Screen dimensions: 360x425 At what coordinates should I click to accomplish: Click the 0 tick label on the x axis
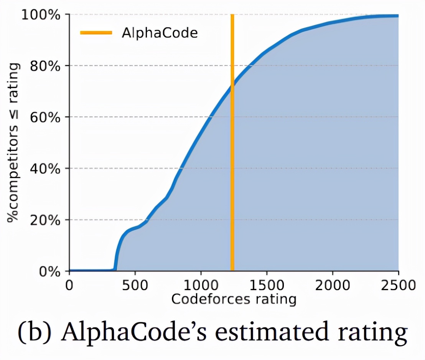click(x=69, y=286)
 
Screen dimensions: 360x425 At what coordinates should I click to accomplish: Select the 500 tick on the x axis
click(x=135, y=286)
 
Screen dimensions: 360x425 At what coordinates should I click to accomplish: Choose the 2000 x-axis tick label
click(x=332, y=286)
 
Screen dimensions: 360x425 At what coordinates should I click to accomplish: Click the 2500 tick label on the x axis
click(x=398, y=286)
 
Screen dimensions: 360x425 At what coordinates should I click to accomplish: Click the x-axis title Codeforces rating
click(x=234, y=299)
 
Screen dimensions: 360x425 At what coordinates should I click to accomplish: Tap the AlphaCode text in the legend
click(x=160, y=33)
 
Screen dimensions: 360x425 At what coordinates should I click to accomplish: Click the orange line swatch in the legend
click(x=96, y=33)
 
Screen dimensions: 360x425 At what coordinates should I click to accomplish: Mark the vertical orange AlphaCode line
click(x=232, y=154)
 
